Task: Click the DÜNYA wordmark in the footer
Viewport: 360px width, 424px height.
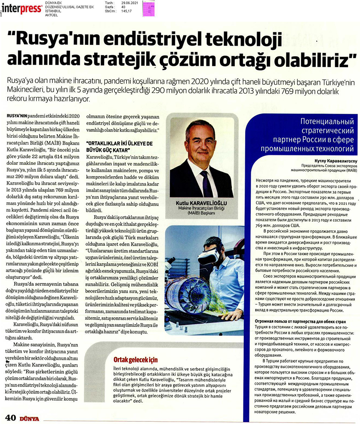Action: pyautogui.click(x=29, y=418)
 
